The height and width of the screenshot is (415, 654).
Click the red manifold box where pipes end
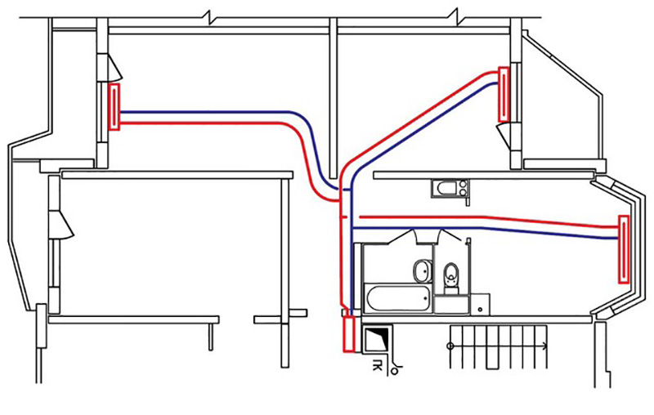[348, 335]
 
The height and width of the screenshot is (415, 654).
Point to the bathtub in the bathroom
[397, 299]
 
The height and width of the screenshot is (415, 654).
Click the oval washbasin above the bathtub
[422, 270]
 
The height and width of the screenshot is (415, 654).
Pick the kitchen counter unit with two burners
[450, 189]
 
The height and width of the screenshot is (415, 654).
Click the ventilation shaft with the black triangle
[378, 339]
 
